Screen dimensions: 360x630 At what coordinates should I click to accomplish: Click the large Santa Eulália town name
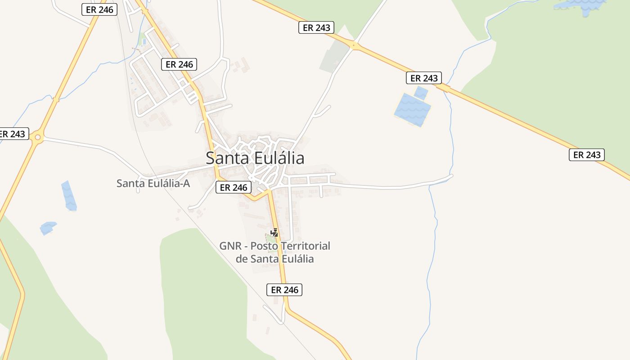click(255, 158)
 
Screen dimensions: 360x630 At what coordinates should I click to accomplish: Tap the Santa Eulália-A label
click(153, 184)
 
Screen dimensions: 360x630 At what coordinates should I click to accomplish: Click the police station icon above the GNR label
click(274, 233)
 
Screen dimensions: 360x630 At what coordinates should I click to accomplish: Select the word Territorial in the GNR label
click(306, 246)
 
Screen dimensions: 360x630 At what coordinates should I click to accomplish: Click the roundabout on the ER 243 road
click(37, 137)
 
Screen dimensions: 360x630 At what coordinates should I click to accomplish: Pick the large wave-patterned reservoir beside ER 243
click(412, 110)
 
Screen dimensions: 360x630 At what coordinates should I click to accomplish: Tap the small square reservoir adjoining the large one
click(421, 93)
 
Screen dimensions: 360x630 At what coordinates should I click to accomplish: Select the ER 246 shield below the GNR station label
click(284, 290)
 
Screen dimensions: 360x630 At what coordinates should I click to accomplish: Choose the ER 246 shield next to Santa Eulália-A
click(233, 188)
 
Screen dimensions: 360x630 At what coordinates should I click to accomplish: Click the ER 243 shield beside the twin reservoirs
click(424, 78)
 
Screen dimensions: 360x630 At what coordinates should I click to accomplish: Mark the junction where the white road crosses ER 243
click(354, 45)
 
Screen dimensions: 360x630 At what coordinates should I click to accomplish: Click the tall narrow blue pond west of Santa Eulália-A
click(69, 196)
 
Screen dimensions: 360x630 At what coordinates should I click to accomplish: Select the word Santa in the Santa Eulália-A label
click(129, 184)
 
